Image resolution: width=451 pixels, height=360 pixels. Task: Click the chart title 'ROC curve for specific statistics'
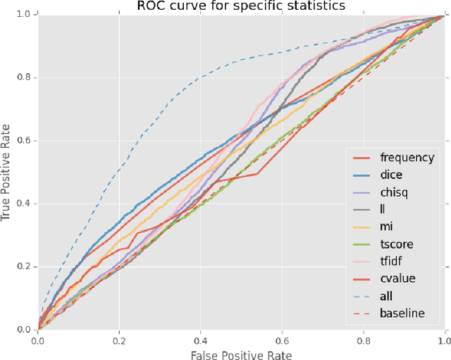coord(241,6)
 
